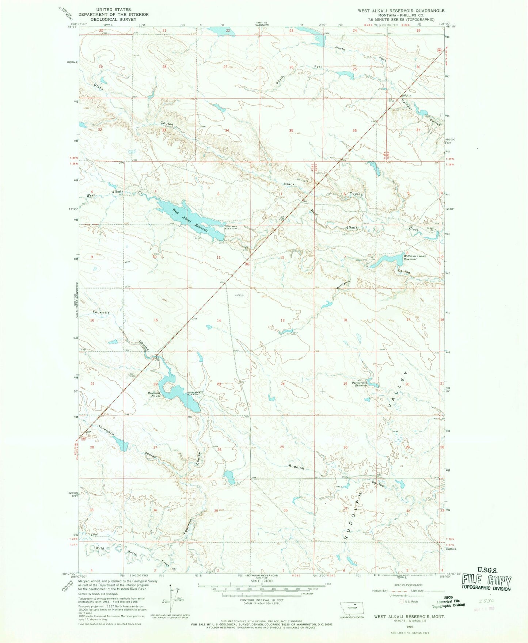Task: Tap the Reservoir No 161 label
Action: click(154, 395)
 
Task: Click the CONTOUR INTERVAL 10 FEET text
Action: click(262, 600)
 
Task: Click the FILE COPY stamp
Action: click(486, 580)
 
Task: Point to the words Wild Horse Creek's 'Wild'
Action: click(100, 548)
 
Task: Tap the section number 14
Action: click(219, 320)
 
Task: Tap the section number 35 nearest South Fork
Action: click(291, 130)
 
